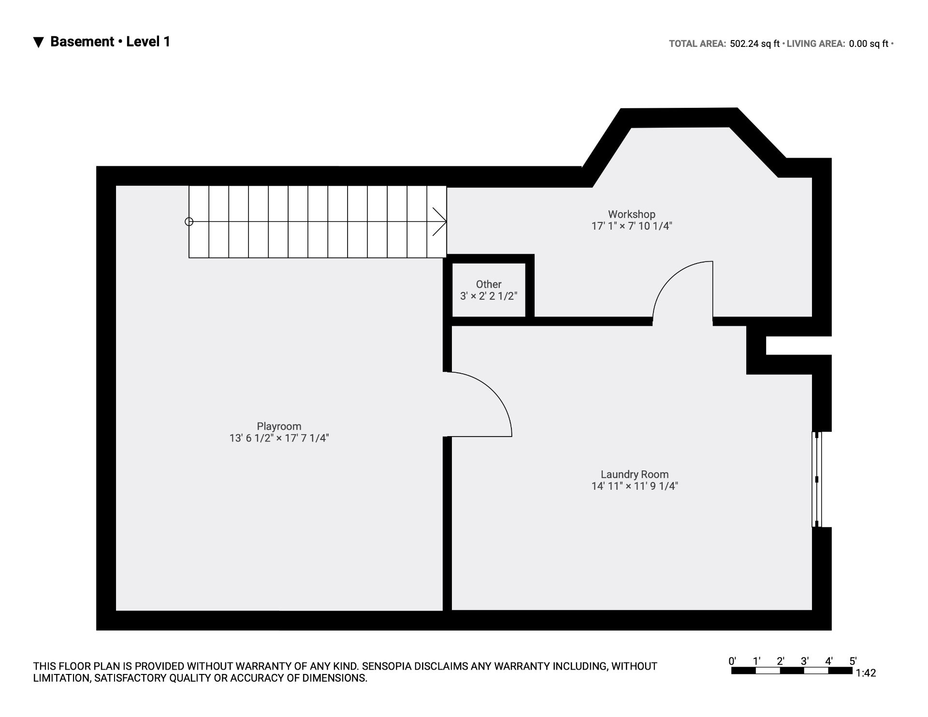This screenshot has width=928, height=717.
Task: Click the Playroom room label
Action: pos(279,426)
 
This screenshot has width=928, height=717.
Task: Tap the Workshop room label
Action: pos(632,214)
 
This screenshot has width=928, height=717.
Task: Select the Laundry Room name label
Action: pos(635,474)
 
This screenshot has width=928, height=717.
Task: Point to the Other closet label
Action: pos(489,284)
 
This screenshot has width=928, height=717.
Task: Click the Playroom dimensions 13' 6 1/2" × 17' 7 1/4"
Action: pos(279,438)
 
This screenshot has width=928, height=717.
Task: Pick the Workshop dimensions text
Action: pos(632,226)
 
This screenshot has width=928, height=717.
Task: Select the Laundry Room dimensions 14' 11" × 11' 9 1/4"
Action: pos(635,486)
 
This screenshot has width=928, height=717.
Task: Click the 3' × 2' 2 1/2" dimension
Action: pos(489,296)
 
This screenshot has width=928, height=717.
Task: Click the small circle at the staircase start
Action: pos(189,222)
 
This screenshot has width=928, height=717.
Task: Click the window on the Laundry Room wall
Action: pos(816,479)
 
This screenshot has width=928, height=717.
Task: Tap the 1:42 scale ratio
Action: pos(866,673)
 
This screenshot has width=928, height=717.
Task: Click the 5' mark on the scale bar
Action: pos(853,661)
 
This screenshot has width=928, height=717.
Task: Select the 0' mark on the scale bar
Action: pos(732,661)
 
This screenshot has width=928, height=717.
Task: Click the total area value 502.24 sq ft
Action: pos(754,44)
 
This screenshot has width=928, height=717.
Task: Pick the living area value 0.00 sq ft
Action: pos(869,44)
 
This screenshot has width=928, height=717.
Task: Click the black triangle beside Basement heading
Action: pos(39,43)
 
